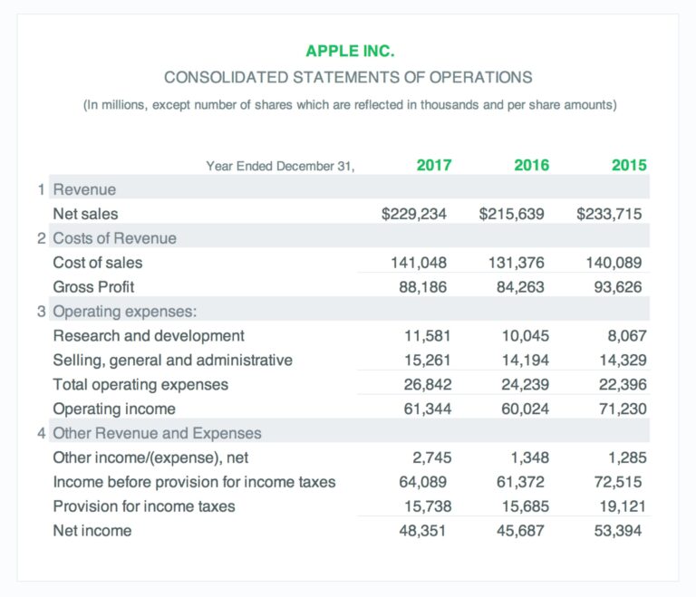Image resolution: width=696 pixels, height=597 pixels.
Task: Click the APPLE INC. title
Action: pyautogui.click(x=349, y=51)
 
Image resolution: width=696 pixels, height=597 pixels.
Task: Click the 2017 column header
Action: pyautogui.click(x=434, y=165)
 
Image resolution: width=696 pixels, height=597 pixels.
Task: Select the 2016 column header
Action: pyautogui.click(x=531, y=165)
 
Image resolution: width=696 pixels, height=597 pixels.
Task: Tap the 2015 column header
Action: pyautogui.click(x=629, y=165)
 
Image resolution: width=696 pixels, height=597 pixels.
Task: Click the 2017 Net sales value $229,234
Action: pyautogui.click(x=414, y=214)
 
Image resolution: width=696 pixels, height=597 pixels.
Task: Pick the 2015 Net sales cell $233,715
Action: pyautogui.click(x=609, y=214)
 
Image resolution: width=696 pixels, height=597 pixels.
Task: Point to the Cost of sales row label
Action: pyautogui.click(x=98, y=263)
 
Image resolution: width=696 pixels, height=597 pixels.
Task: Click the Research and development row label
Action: pyautogui.click(x=149, y=336)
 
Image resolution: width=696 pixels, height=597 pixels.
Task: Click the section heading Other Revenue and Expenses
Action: pyautogui.click(x=157, y=433)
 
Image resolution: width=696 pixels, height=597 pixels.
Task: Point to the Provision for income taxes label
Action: pyautogui.click(x=144, y=506)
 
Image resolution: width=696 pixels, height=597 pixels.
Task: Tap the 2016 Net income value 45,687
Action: pyautogui.click(x=521, y=531)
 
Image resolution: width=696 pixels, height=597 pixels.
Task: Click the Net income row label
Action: pyautogui.click(x=92, y=531)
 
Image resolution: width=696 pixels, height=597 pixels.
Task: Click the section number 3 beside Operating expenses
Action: pyautogui.click(x=42, y=312)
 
